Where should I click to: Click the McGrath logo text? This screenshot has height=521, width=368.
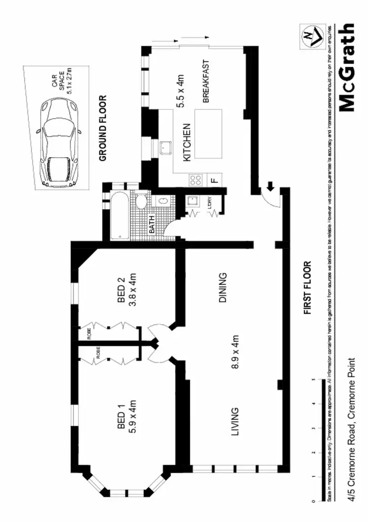pos(347,67)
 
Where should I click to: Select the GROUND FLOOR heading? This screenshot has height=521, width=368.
pos(104,129)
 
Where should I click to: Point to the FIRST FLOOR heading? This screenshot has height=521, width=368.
pos(308,288)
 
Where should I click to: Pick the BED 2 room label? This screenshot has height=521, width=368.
pos(126,293)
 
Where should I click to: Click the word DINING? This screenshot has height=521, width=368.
pos(224,288)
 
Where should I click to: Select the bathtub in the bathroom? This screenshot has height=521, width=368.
pos(120,216)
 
